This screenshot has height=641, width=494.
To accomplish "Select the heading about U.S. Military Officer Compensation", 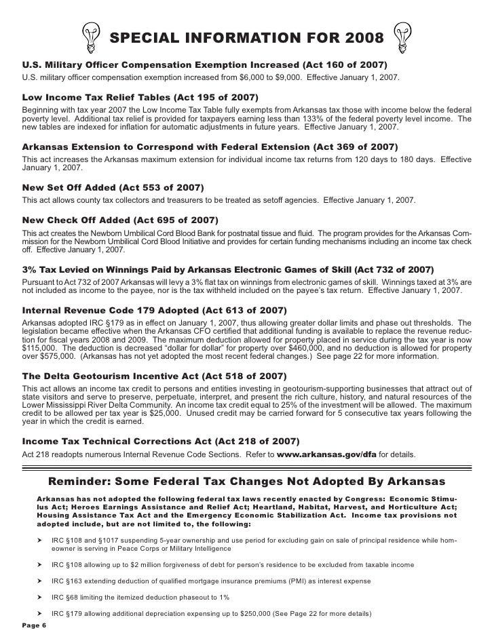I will [x=204, y=64].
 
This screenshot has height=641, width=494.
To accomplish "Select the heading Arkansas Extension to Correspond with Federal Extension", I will [x=210, y=147].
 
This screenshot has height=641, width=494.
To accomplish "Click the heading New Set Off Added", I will [x=113, y=187].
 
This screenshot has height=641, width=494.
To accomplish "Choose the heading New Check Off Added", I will [x=120, y=220].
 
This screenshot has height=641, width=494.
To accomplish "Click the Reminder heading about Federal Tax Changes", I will [x=247, y=483].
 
